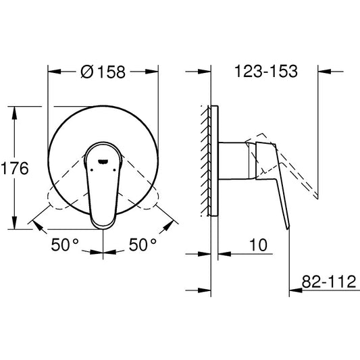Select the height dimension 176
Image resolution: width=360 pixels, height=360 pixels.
[x=14, y=168]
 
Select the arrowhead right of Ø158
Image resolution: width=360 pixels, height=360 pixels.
[x=153, y=72]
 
